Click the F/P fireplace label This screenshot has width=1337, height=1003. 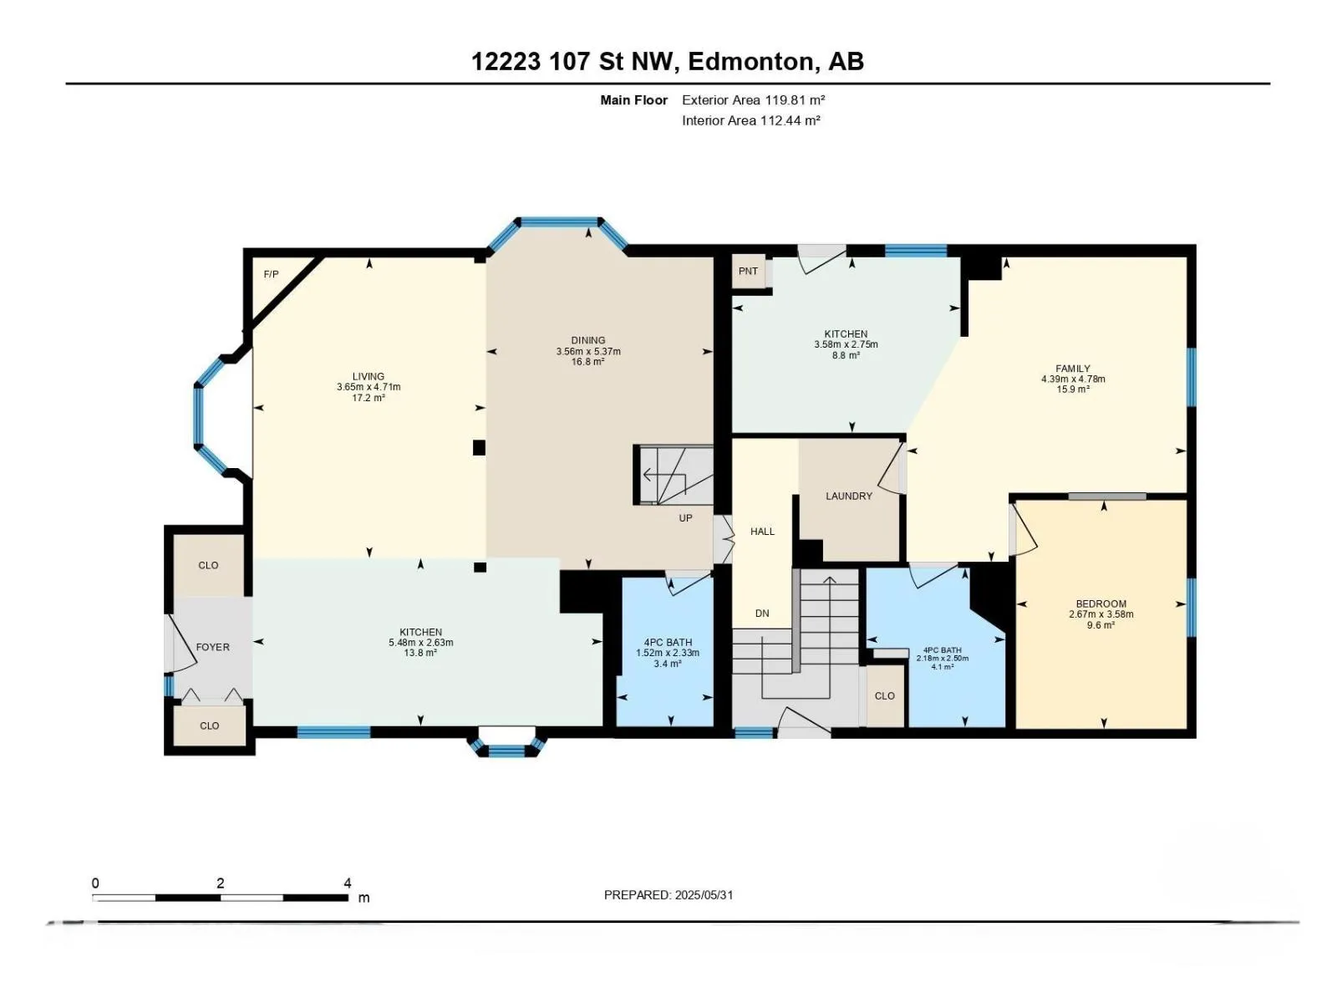coord(271,275)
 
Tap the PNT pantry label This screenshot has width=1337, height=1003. coord(748,271)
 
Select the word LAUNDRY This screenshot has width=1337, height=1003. coord(848,496)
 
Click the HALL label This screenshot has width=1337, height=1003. coord(762,532)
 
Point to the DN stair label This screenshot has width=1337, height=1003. coord(762,614)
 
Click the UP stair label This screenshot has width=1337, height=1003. coord(685,518)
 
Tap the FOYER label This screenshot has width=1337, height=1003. coord(212,647)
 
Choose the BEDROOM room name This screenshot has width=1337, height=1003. coord(1101,604)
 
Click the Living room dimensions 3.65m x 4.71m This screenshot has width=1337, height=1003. coord(369,387)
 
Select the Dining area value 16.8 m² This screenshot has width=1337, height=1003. coord(587,362)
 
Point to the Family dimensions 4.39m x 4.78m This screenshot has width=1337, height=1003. coord(1073,379)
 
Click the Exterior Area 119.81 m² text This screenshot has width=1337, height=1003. coord(753,99)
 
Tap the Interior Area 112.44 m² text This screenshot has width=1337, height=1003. coord(750,120)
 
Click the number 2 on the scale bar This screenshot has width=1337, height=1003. coord(221,883)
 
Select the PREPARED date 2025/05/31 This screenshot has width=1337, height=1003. coord(703,895)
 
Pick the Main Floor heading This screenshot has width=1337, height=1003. coord(633,100)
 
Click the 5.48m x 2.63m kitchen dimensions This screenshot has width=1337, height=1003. coord(421,643)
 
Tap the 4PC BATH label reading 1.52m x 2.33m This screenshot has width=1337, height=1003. coord(668,642)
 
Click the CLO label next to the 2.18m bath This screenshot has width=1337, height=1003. coord(884,696)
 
